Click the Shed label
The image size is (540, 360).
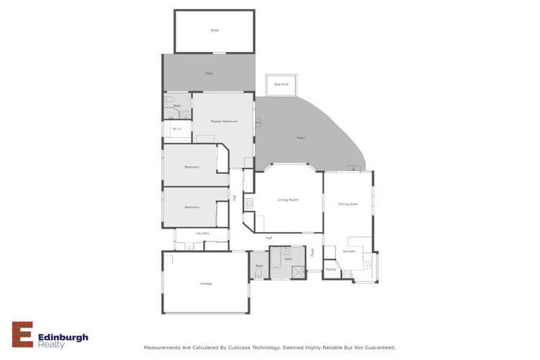214,30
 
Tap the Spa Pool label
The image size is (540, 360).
281,84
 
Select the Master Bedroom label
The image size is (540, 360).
224,122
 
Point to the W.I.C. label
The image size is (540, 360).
177,129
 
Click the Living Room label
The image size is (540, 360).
288,200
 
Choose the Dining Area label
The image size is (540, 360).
348,204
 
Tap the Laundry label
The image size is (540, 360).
202,233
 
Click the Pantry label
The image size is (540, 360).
331,269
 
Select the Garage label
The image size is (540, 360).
206,283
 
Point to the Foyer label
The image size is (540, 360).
314,251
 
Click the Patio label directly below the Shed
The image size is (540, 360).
210,73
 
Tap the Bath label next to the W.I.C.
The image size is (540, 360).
177,105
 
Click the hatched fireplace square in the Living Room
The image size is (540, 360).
249,203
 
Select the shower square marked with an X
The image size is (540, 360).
297,271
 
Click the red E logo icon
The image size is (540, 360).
22,334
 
